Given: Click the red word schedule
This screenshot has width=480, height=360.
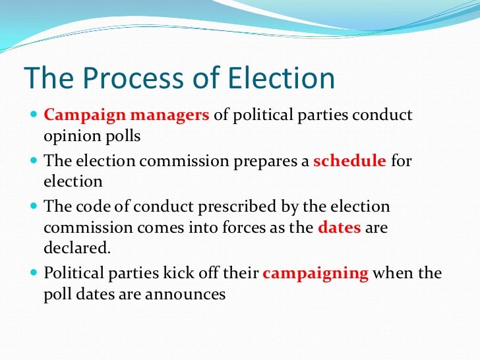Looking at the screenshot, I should [349, 161].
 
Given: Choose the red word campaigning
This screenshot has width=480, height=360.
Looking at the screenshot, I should [315, 273].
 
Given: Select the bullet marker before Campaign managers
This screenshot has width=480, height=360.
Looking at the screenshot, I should [34, 115].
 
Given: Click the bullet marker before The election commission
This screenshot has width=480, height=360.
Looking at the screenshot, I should [34, 162].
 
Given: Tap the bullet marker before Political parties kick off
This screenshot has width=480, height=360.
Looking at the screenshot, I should [34, 274].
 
